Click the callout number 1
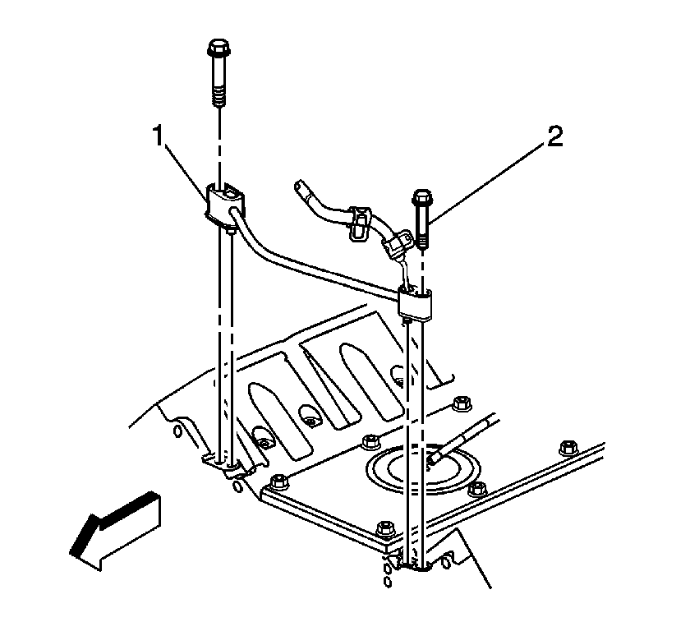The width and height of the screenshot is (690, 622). (159, 136)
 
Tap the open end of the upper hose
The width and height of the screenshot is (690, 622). (299, 185)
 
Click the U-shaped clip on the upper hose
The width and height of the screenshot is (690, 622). (360, 223)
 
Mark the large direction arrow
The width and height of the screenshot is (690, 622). (115, 531)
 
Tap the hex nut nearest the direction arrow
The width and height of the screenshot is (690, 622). (279, 481)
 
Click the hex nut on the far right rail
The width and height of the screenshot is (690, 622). (569, 448)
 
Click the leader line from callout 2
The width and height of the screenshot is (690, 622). (489, 183)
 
